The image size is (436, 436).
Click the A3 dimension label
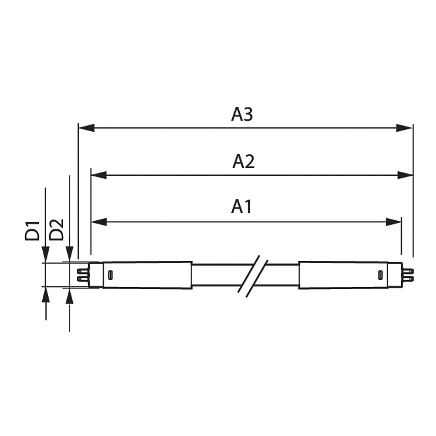(242, 114)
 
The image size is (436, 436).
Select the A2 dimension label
(243, 162)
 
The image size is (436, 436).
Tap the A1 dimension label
(242, 207)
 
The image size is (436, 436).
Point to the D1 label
(32, 231)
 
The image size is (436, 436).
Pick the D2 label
(56, 230)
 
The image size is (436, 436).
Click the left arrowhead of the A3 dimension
(87, 128)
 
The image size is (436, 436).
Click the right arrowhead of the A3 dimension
(404, 128)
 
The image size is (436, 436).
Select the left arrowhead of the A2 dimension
(99, 175)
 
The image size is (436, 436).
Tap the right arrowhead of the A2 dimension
(405, 175)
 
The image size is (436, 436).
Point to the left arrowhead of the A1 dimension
(99, 222)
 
